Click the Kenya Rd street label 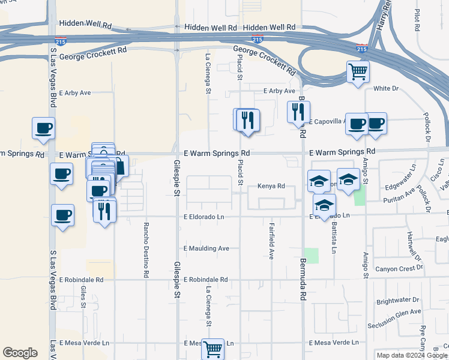click(271, 186)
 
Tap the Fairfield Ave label click(271, 241)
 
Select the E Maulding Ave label click(206, 248)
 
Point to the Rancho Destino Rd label click(146, 250)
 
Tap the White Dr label click(386, 88)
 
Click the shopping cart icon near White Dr click(358, 72)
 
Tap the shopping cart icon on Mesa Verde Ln click(212, 348)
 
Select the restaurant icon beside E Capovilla click(298, 112)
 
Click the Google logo click(20, 353)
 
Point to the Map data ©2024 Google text click(412, 355)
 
